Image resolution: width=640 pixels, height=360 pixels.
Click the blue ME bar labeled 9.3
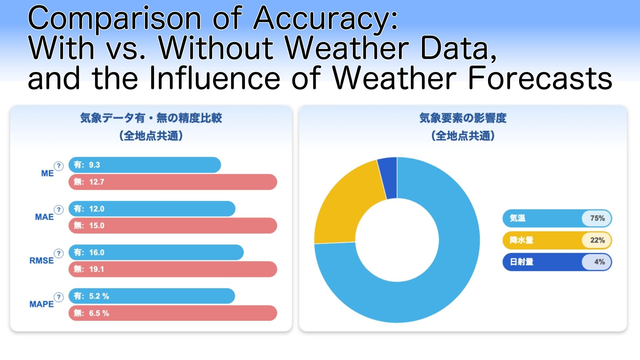(145, 165)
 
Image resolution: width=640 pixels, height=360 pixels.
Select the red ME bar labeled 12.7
(173, 182)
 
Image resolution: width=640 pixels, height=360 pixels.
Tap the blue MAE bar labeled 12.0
(152, 209)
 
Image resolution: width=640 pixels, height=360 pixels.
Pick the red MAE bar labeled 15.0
(173, 226)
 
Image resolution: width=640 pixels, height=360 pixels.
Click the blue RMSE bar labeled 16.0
(156, 252)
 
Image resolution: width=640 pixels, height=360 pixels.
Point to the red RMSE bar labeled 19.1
(173, 269)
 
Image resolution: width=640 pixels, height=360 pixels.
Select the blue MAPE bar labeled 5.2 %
(152, 296)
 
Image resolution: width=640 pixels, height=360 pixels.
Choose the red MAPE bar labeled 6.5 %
(173, 313)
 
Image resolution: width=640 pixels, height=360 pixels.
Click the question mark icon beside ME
(59, 166)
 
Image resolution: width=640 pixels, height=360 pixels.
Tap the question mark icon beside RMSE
(59, 253)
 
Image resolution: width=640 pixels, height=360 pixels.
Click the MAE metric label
(44, 217)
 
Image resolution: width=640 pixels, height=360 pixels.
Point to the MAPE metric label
(41, 304)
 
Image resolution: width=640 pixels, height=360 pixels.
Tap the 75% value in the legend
(597, 218)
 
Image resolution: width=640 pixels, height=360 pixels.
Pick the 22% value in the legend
(597, 240)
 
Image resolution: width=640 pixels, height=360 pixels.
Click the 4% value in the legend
(599, 262)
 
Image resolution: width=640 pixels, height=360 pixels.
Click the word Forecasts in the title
(540, 78)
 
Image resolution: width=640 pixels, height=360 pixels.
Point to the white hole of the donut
(397, 240)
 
